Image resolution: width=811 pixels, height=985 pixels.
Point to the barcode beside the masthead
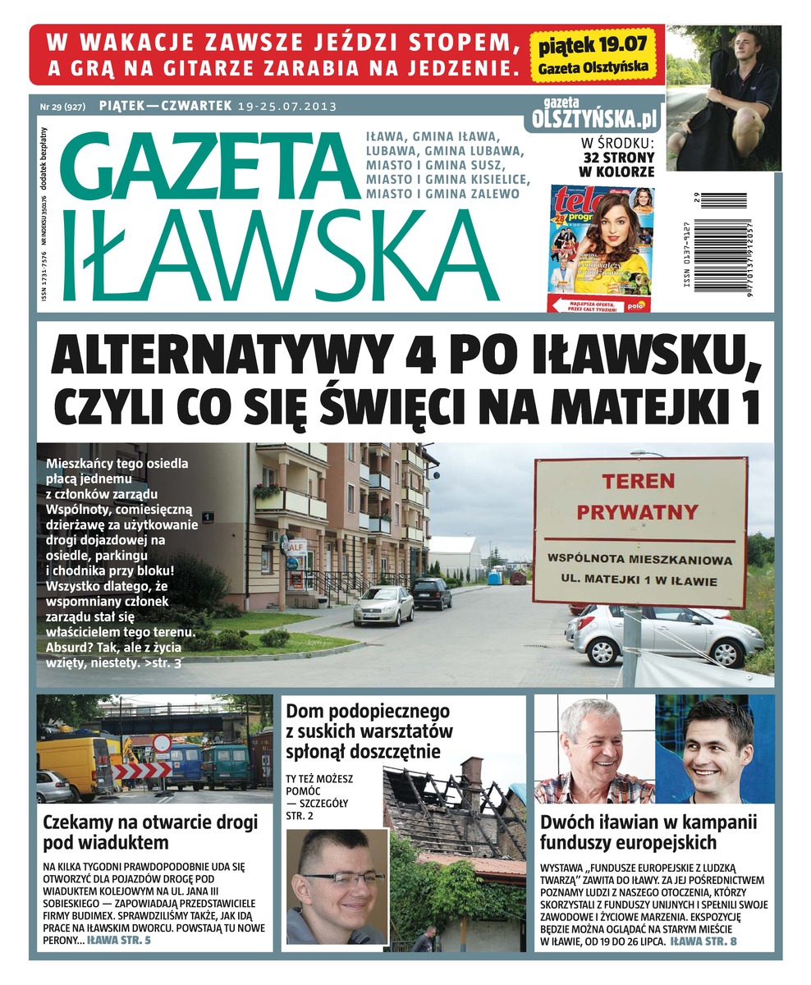point(719,241)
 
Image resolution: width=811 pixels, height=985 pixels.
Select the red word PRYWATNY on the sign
point(638,512)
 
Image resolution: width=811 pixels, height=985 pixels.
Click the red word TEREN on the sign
point(637,480)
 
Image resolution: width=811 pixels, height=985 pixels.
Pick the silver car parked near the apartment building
point(383,606)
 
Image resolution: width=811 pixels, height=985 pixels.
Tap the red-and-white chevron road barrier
point(141,769)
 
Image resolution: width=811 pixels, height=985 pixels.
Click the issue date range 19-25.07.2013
point(287,107)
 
